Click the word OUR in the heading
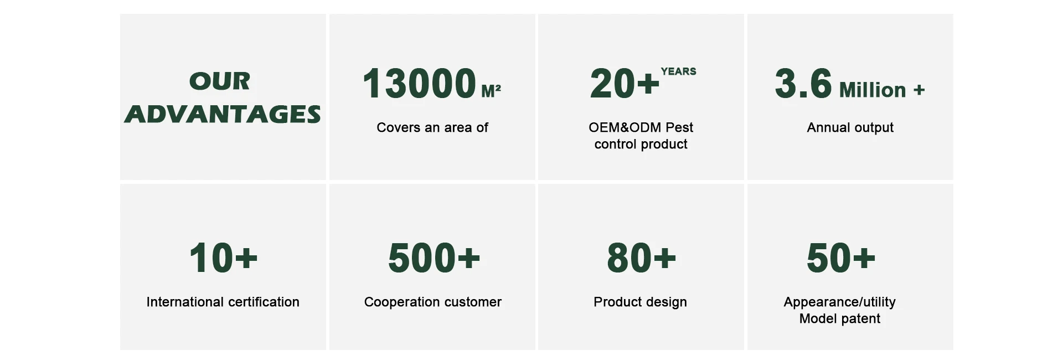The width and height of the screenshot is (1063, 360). [220, 81]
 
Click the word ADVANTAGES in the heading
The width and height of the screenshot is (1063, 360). [223, 114]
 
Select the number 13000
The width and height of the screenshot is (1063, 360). [420, 84]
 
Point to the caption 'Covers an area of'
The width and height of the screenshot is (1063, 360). [432, 127]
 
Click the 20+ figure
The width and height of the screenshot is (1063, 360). [625, 84]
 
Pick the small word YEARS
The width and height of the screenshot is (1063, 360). [678, 71]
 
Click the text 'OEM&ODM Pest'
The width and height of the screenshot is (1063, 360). [641, 127]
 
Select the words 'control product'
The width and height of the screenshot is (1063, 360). [641, 144]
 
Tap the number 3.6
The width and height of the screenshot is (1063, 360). [803, 84]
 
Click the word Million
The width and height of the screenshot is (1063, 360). [873, 90]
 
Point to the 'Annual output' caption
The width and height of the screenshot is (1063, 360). [850, 128]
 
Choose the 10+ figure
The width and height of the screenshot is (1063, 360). [223, 258]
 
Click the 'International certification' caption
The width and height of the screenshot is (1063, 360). [223, 302]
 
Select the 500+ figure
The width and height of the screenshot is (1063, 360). [434, 258]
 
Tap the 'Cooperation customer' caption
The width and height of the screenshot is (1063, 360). [433, 302]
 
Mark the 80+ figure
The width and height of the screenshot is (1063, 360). [641, 258]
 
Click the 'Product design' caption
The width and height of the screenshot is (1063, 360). [640, 302]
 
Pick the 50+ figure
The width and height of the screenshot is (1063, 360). [841, 258]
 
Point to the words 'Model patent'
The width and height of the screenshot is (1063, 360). [839, 318]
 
